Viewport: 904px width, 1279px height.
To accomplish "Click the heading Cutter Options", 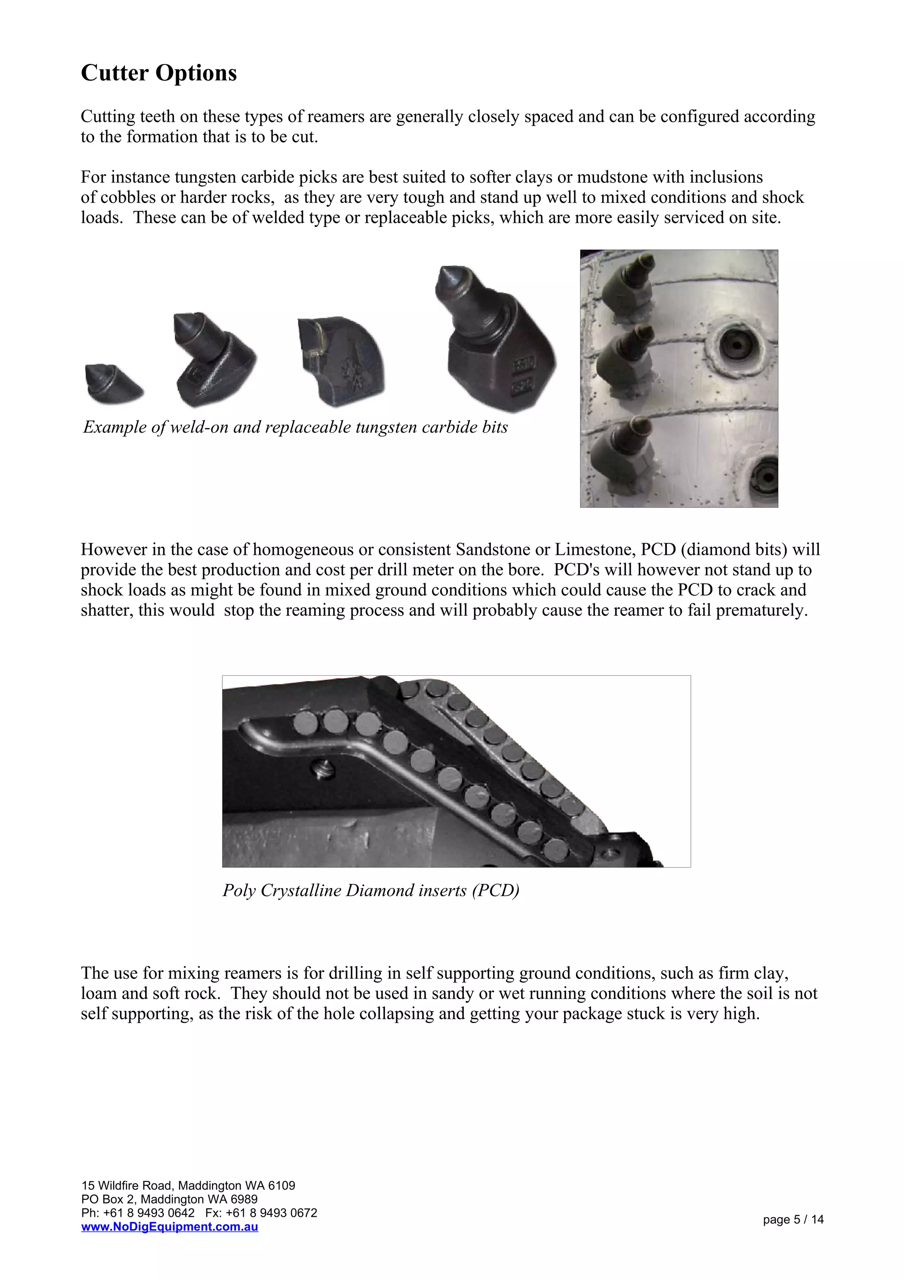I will [159, 73].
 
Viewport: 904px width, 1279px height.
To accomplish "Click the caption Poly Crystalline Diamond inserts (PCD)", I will [370, 890].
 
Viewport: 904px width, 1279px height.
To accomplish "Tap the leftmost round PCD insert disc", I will [305, 723].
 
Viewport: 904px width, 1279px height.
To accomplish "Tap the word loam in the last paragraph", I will [98, 993].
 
